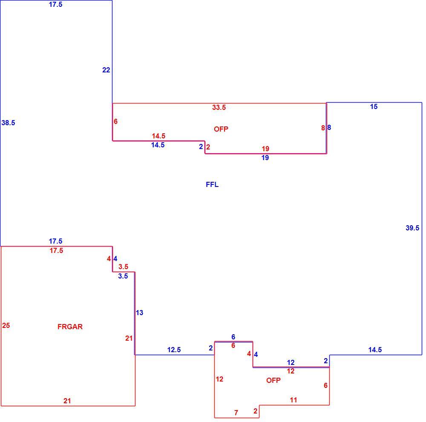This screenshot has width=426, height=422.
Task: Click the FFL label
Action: pos(212,185)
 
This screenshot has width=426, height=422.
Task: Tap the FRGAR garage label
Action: pos(70,327)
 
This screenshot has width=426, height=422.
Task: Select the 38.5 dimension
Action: pos(8,123)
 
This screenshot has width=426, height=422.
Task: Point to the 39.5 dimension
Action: pos(412,228)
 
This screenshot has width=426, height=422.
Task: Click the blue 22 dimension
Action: pos(106,70)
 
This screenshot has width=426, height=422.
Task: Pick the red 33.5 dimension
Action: pos(219,107)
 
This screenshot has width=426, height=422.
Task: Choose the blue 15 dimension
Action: pos(374,106)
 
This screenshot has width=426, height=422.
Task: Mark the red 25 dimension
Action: pos(6,325)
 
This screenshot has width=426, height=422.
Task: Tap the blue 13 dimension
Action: pos(139,313)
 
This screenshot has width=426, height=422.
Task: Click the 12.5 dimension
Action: pos(174,350)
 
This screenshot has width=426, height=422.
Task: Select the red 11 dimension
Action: pos(294,400)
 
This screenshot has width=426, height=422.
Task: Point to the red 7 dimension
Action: pos(236,413)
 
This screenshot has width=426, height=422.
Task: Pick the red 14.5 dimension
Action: pos(158,136)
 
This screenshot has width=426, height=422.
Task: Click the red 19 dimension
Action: pos(265,149)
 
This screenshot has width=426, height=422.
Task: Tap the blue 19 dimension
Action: pos(265,158)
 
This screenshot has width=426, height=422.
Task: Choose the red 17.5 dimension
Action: pos(56,250)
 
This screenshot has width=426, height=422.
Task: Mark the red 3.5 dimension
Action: pos(124,267)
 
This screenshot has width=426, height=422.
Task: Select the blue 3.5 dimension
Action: pos(123,276)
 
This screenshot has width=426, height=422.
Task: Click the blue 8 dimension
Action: pos(329,127)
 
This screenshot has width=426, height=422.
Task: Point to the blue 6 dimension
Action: pos(233,337)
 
